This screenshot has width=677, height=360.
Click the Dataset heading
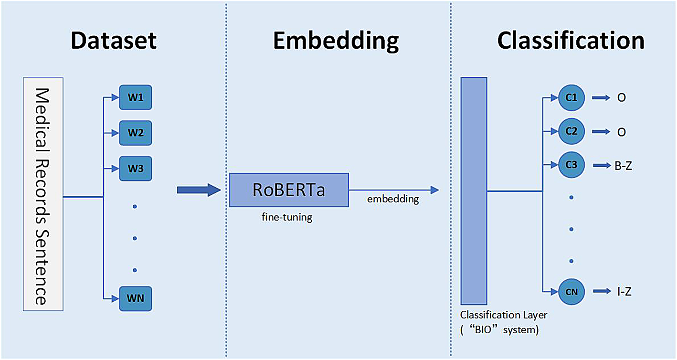tap(114, 41)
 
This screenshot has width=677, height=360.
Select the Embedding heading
tap(336, 41)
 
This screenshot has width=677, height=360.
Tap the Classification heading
tap(571, 41)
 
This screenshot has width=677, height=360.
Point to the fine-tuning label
tap(286, 217)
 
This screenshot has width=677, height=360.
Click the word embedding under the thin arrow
tap(392, 200)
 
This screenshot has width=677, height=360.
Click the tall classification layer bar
tap(474, 191)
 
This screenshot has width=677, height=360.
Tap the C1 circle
tap(571, 97)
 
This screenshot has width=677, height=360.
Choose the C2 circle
tap(571, 131)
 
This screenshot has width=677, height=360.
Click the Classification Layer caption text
tap(503, 322)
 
